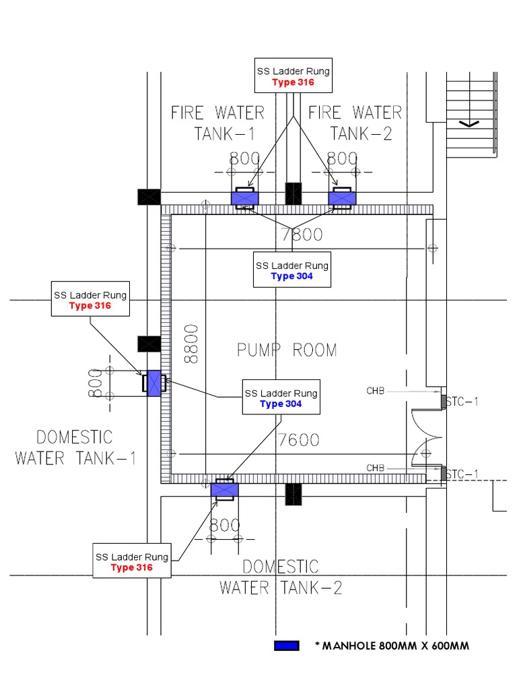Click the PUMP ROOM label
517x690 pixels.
(x=287, y=350)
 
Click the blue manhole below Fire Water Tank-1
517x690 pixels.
(x=244, y=198)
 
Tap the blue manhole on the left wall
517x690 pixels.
(x=154, y=383)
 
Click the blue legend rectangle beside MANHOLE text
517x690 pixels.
(x=286, y=646)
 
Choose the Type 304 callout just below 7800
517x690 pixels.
(x=292, y=270)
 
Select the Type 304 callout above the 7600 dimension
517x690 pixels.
(x=281, y=398)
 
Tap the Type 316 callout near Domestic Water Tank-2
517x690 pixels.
(x=131, y=562)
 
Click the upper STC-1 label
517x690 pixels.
(x=462, y=402)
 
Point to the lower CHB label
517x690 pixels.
(x=376, y=468)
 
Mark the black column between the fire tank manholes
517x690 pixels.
(x=293, y=193)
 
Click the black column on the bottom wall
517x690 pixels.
(x=293, y=494)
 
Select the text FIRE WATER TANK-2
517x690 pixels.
(x=355, y=122)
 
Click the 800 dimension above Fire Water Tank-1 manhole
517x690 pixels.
(x=244, y=159)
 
